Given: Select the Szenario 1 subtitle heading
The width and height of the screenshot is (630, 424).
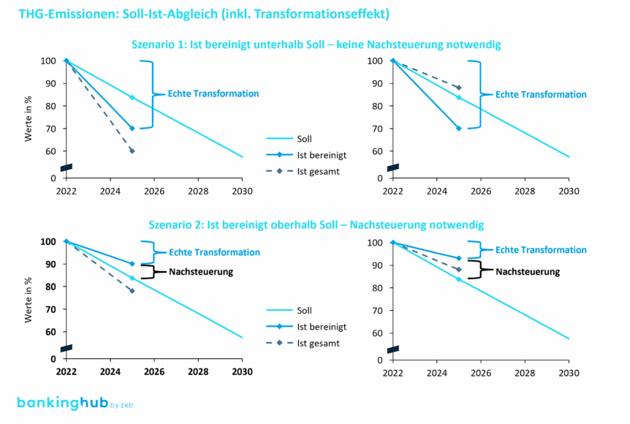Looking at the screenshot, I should pyautogui.click(x=315, y=45).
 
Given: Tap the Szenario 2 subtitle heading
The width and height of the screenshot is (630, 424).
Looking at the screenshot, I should pyautogui.click(x=315, y=224).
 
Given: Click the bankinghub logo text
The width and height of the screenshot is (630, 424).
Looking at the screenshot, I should pyautogui.click(x=61, y=404).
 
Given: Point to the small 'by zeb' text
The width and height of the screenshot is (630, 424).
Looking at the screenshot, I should pyautogui.click(x=121, y=405).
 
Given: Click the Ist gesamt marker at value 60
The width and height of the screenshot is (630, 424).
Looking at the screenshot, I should pyautogui.click(x=132, y=151).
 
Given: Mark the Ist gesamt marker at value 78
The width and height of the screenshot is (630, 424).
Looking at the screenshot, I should pyautogui.click(x=132, y=291).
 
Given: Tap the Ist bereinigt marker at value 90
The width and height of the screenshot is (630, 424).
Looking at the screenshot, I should pyautogui.click(x=132, y=264).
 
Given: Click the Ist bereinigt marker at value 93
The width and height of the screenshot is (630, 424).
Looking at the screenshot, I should pyautogui.click(x=459, y=258).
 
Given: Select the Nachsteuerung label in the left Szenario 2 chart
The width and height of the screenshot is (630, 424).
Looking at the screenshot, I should pyautogui.click(x=200, y=272).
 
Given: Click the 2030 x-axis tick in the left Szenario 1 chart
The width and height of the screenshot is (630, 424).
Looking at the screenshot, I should pyautogui.click(x=242, y=190).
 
